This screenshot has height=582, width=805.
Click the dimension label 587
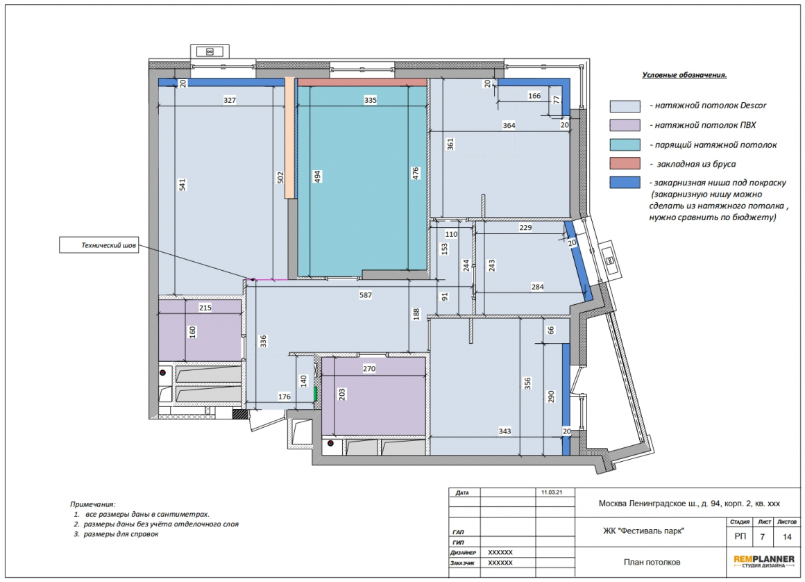(x=365, y=295)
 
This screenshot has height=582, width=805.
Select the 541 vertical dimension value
(x=183, y=185)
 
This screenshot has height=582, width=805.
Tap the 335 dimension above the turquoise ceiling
(x=370, y=100)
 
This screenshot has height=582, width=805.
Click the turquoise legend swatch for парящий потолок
(x=625, y=145)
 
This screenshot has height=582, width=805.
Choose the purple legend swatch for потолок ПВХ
(x=625, y=125)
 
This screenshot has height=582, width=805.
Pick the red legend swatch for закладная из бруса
(x=625, y=164)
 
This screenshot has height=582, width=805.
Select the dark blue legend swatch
(x=625, y=183)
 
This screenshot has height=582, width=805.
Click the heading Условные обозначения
(x=684, y=75)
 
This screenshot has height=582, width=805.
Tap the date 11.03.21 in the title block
(x=552, y=492)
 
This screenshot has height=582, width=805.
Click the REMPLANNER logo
(x=764, y=561)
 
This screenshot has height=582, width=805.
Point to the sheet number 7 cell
(x=763, y=537)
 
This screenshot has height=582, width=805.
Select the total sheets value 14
(x=787, y=537)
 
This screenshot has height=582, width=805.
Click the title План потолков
(x=652, y=562)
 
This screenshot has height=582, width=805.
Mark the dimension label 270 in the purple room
(x=369, y=368)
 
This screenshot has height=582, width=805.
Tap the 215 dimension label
(x=205, y=308)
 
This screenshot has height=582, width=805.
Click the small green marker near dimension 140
(x=315, y=394)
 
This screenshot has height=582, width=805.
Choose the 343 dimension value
(x=505, y=431)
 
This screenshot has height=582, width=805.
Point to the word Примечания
(x=93, y=504)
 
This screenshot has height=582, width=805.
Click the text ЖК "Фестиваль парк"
(x=643, y=531)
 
